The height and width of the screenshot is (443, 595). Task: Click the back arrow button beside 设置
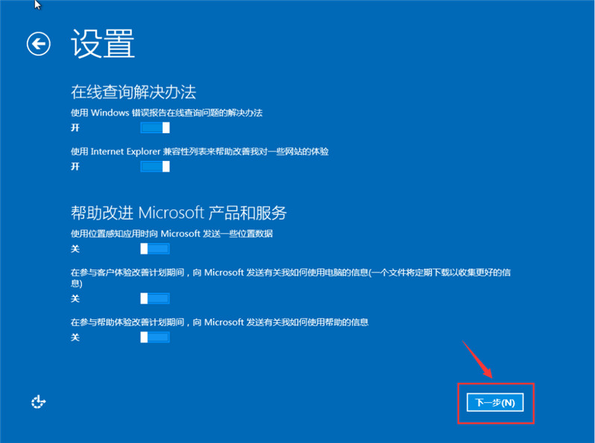click(39, 44)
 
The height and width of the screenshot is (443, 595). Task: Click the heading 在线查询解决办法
click(133, 92)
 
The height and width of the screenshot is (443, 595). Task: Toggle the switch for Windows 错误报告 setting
click(155, 127)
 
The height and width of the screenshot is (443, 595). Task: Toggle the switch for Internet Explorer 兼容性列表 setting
click(155, 166)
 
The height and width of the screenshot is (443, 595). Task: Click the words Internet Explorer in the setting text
click(125, 151)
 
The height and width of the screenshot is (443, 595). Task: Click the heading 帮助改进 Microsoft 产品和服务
click(178, 212)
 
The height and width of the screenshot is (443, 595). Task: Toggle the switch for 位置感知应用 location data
click(155, 249)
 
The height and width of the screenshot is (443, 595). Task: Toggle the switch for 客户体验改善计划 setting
click(155, 299)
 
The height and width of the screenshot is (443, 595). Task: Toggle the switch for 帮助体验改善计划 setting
click(155, 337)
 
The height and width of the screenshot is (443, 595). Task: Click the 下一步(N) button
click(495, 403)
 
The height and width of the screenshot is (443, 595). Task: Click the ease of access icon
click(39, 402)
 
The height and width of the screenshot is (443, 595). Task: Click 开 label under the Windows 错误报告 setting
click(75, 128)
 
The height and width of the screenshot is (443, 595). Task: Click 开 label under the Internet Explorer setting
click(75, 167)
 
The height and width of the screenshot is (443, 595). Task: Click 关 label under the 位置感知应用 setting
click(75, 249)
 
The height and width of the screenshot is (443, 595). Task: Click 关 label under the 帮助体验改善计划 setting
click(75, 338)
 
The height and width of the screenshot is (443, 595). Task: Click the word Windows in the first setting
click(110, 112)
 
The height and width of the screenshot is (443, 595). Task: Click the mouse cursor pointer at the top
click(37, 4)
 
